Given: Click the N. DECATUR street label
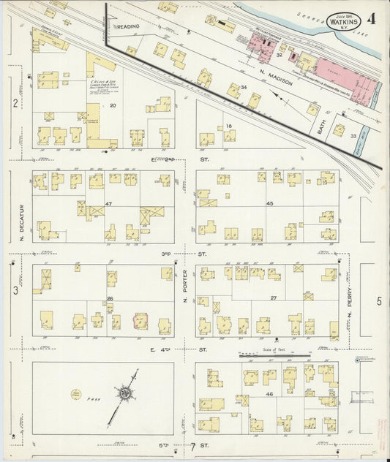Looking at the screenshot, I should [22, 222].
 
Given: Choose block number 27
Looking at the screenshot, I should [273, 298].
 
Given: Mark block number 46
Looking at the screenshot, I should [270, 395].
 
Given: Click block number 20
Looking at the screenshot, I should [113, 106].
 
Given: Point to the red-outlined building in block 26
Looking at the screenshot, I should [139, 320].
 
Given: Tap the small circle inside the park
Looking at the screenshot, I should [75, 394].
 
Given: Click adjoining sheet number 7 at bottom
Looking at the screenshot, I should [192, 445].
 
